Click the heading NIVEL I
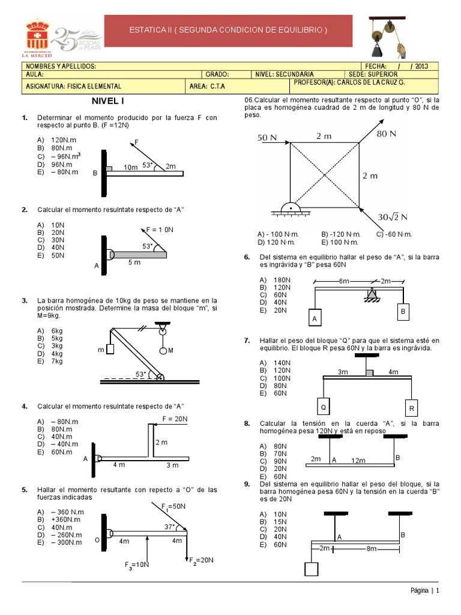point(107,101)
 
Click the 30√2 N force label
point(393,216)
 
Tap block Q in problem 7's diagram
point(323,407)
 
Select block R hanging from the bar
point(411,408)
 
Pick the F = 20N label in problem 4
point(175,419)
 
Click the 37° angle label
point(170,527)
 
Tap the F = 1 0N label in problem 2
point(160,229)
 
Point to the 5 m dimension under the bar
point(134,262)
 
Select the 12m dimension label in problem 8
point(358,460)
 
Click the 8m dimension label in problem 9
point(372,548)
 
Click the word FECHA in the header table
point(375,67)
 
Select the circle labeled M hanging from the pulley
point(162,350)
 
